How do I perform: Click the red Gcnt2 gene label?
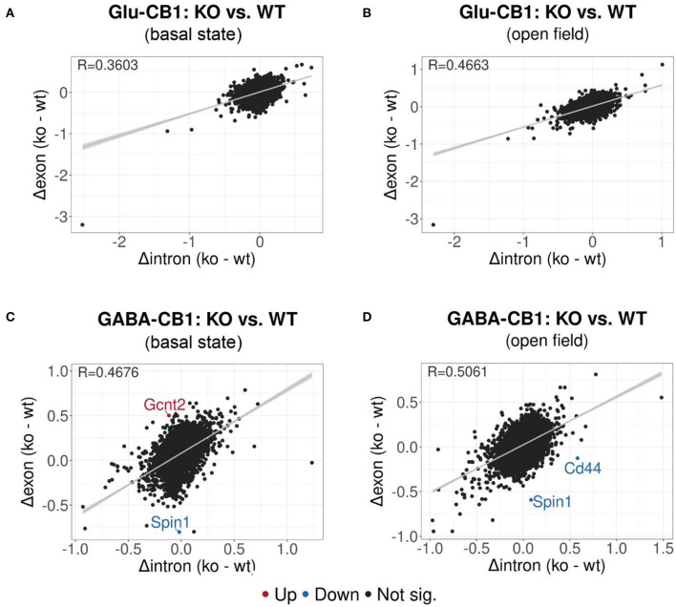[x=164, y=406]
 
